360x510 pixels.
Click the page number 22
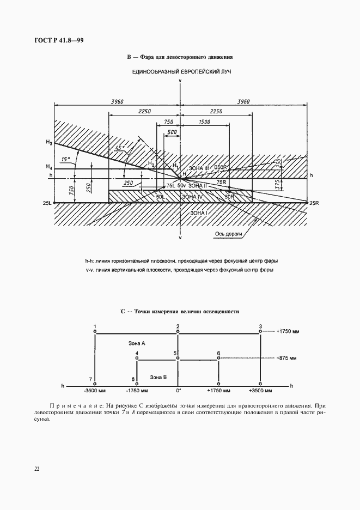[36, 469]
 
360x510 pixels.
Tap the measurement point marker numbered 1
[95, 330]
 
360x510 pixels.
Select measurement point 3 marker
[261, 330]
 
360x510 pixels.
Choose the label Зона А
[136, 343]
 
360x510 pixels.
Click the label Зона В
[158, 377]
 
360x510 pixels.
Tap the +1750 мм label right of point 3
[288, 331]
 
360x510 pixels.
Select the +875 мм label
[286, 359]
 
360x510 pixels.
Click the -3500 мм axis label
[94, 391]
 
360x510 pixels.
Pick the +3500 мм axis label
[261, 391]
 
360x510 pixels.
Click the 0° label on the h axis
[178, 391]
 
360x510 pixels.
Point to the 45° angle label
[120, 147]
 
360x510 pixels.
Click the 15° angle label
[66, 160]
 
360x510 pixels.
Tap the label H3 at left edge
[49, 143]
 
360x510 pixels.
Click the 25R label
[314, 203]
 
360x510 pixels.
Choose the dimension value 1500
[205, 123]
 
